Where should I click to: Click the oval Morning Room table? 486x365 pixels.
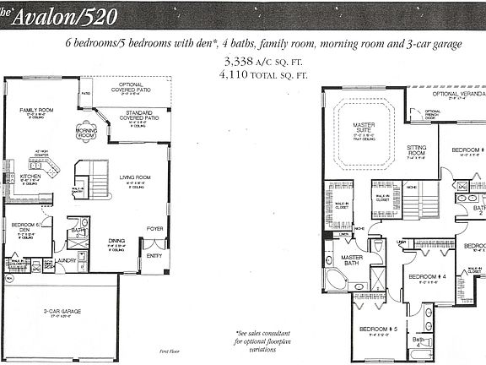tap(86, 133)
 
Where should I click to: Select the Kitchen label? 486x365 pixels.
tap(19, 177)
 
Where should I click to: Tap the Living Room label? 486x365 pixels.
tap(135, 178)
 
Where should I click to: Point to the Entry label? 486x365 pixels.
tap(154, 255)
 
